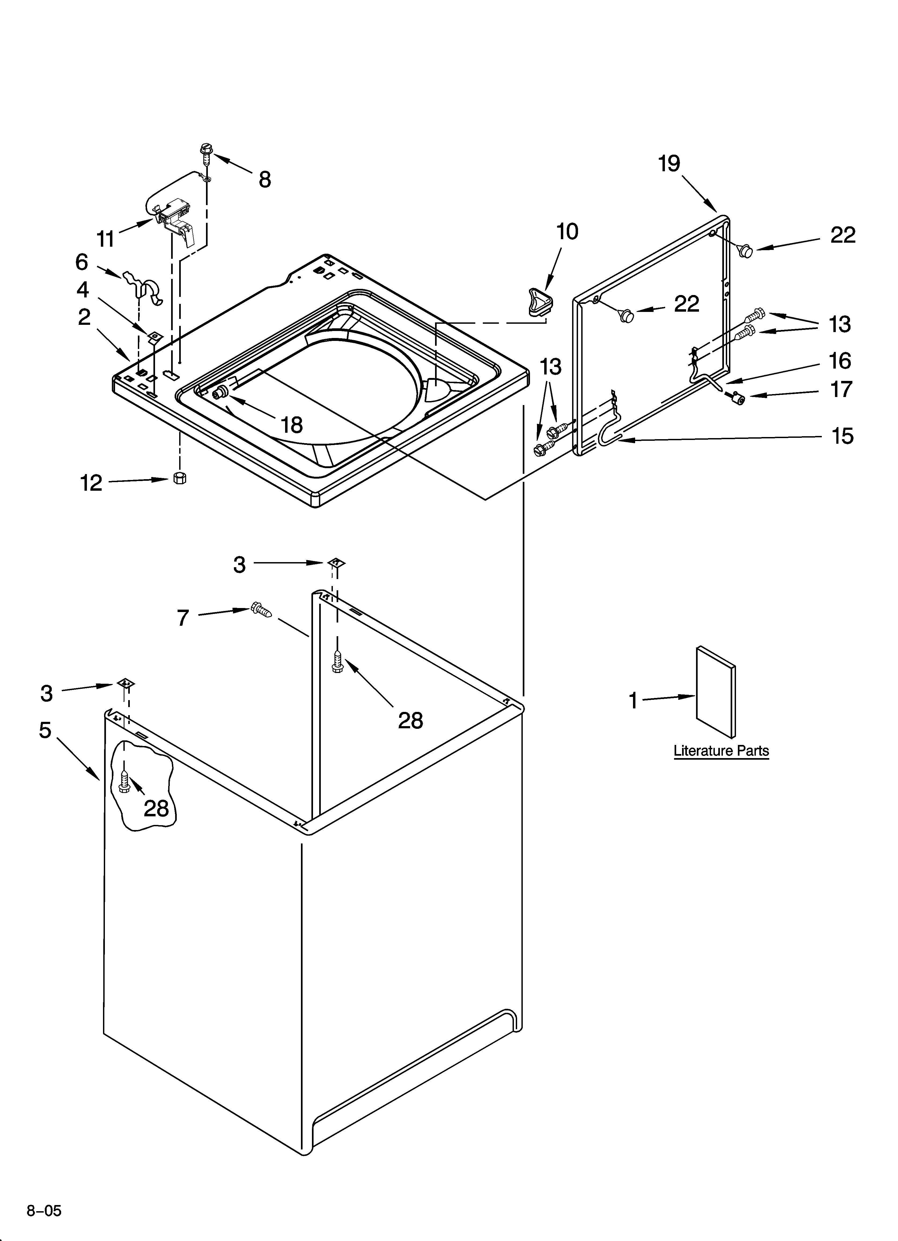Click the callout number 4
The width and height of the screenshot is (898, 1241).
pos(83,289)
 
